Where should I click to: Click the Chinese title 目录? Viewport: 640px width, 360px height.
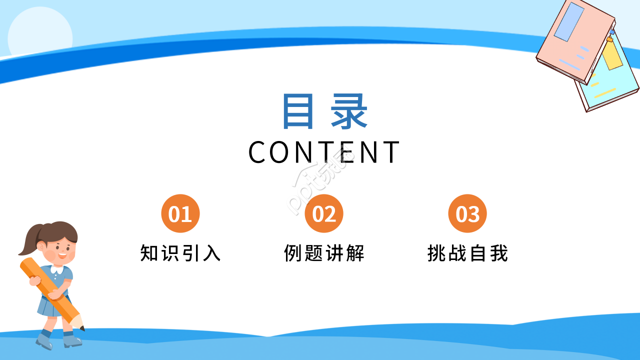324,111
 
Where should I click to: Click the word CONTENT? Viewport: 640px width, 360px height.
324,152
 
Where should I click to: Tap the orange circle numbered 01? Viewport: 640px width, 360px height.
180,213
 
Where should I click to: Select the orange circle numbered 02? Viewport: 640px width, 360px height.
324,213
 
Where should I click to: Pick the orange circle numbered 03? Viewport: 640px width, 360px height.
467,213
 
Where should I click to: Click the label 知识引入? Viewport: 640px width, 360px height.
180,253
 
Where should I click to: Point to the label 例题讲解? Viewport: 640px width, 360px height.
324,253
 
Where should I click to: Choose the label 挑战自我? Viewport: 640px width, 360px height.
467,253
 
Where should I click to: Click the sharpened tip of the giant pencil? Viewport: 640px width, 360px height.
81,327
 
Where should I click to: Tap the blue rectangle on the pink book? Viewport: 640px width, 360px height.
569,22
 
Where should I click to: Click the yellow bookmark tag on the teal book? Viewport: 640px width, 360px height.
612,55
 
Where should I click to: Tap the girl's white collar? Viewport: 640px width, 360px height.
57,270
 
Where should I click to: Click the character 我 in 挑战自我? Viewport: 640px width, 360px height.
498,253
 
